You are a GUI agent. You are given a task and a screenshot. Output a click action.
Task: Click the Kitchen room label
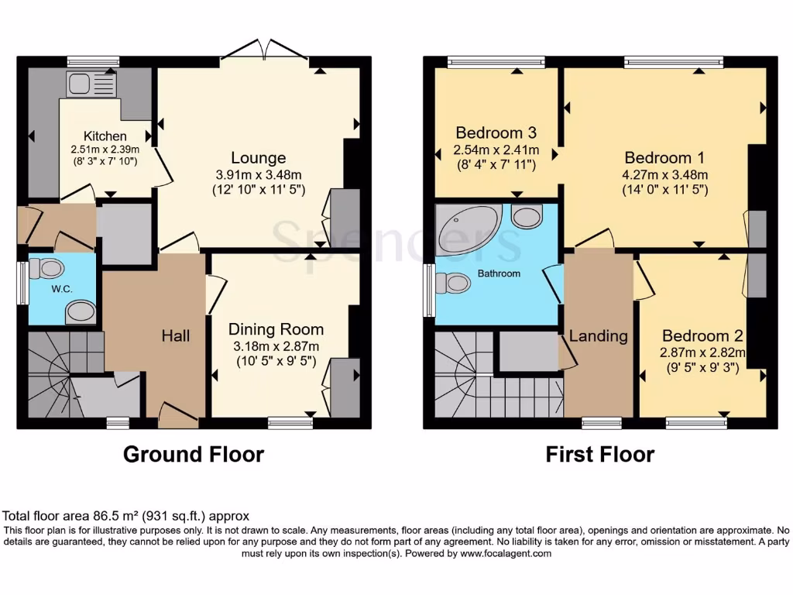pyautogui.click(x=105, y=136)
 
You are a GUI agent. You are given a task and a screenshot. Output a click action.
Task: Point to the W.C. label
pyautogui.click(x=62, y=289)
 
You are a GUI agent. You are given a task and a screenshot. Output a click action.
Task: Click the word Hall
pyautogui.click(x=176, y=335)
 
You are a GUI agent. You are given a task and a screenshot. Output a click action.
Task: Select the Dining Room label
pyautogui.click(x=276, y=329)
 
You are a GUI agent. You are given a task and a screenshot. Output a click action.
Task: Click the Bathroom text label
pyautogui.click(x=499, y=273)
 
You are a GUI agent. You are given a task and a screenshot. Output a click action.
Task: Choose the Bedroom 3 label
pyautogui.click(x=496, y=132)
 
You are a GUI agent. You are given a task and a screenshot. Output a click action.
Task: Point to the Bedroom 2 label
pyautogui.click(x=702, y=336)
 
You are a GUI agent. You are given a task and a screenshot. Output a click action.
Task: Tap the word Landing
pyautogui.click(x=598, y=336)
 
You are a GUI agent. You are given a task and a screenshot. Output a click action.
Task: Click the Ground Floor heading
pyautogui.click(x=193, y=454)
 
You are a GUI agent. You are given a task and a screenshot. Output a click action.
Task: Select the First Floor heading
pyautogui.click(x=599, y=454)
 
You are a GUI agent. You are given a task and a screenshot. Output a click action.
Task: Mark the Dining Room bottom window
pyautogui.click(x=290, y=423)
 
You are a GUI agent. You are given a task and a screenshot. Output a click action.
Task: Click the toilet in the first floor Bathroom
pyautogui.click(x=453, y=284)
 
